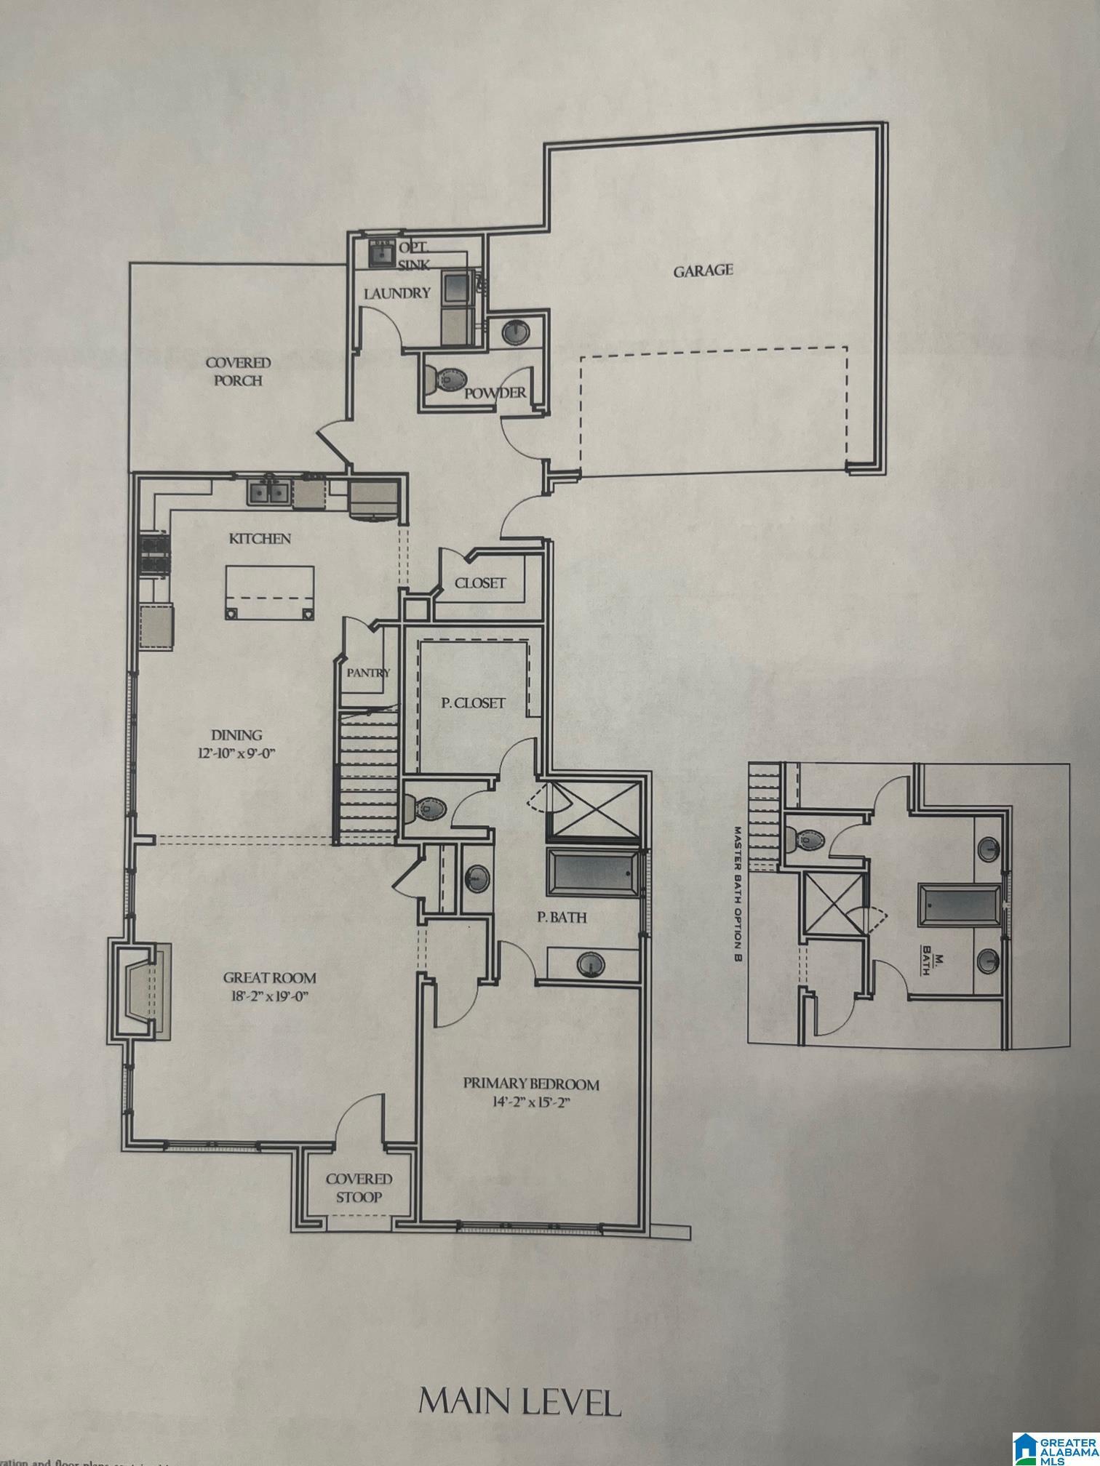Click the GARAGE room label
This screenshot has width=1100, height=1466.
click(702, 271)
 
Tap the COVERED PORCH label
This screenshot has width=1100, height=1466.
click(238, 371)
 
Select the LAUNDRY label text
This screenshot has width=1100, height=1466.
click(397, 294)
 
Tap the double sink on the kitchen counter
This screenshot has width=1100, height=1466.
click(268, 492)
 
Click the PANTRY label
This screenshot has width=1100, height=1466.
click(368, 673)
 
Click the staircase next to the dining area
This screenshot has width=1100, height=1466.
click(366, 778)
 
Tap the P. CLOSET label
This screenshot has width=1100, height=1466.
click(474, 703)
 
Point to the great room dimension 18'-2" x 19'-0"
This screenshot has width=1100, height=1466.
click(269, 996)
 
